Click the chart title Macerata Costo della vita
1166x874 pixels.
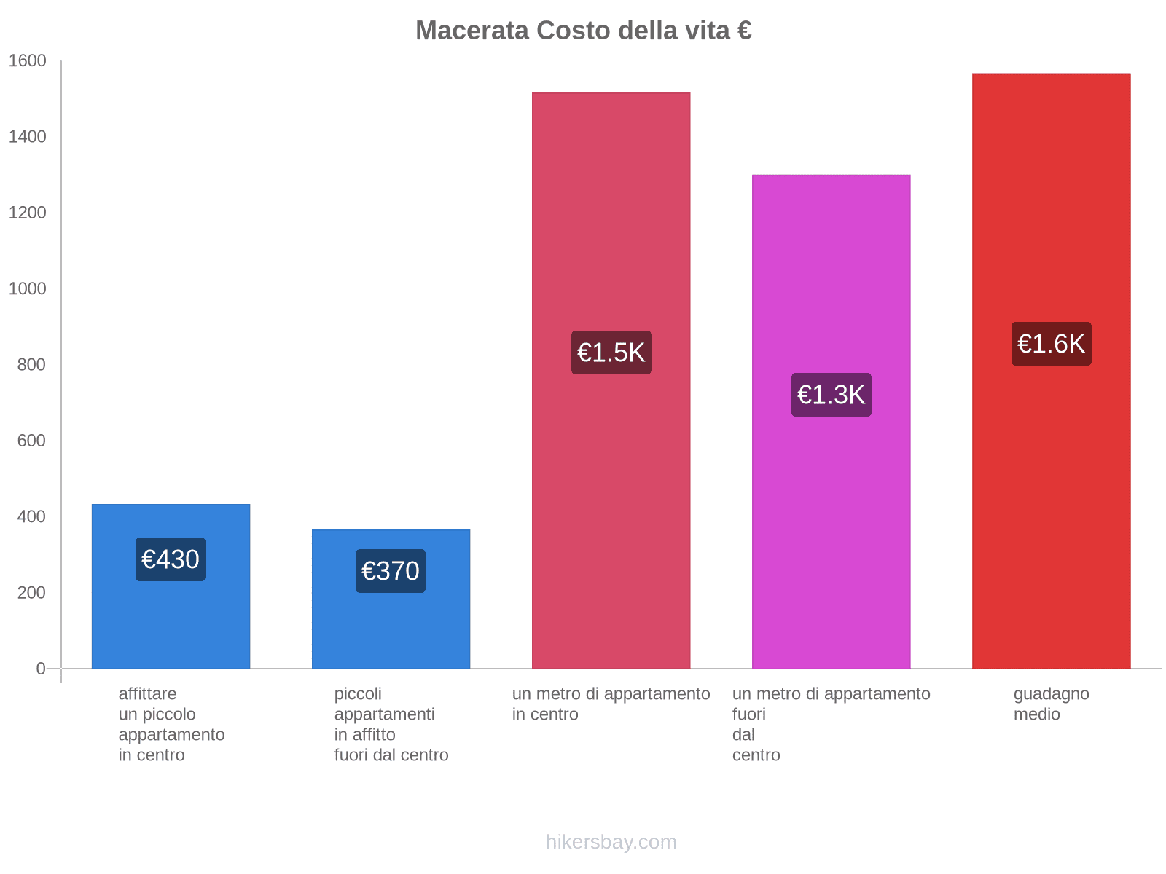click(583, 31)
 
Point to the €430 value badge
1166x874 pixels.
click(171, 559)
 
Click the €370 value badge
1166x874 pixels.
click(391, 571)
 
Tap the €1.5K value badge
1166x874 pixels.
click(611, 353)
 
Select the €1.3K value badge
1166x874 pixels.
click(831, 395)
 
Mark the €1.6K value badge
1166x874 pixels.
click(1051, 344)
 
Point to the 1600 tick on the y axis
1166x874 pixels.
click(28, 61)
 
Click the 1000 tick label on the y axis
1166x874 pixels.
click(28, 289)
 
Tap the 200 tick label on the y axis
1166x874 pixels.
click(32, 593)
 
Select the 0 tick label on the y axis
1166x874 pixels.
click(41, 669)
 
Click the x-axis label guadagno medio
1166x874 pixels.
click(1051, 704)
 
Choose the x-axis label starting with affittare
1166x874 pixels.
click(171, 724)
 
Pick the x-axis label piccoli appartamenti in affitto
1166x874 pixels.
click(391, 724)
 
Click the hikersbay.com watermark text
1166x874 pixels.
click(611, 842)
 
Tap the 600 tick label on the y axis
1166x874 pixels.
click(32, 441)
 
